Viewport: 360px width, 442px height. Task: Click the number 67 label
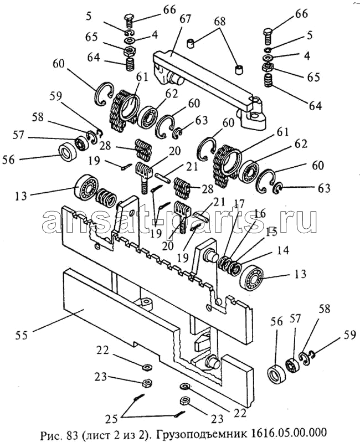point(185,19)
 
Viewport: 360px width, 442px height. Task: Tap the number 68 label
point(219,21)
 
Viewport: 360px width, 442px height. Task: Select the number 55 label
point(22,336)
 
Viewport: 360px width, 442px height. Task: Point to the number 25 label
point(111,419)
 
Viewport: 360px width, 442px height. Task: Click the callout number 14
point(283,250)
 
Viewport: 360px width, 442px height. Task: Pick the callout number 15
point(271,232)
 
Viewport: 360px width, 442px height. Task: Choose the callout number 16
point(259,213)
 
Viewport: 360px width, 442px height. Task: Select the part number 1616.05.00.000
point(287,431)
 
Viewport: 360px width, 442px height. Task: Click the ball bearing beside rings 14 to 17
point(251,277)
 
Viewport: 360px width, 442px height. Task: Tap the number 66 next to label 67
point(169,9)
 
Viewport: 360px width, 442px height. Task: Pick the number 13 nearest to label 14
point(300,274)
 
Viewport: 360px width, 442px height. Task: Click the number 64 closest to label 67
point(93,57)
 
